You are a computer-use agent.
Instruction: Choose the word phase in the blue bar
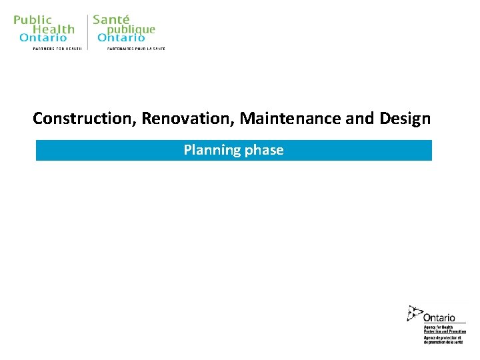264,150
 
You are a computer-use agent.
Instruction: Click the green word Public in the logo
31,20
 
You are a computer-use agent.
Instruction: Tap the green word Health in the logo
53,29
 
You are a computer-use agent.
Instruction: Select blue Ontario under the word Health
43,38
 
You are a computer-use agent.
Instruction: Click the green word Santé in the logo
111,20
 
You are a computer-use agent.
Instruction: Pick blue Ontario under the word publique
121,38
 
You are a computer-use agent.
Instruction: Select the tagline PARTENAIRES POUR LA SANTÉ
136,49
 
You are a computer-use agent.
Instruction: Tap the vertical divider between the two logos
87,32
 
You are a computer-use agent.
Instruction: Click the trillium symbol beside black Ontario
415,313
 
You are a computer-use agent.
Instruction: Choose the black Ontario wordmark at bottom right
439,317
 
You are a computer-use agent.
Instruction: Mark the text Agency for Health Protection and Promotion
443,329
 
